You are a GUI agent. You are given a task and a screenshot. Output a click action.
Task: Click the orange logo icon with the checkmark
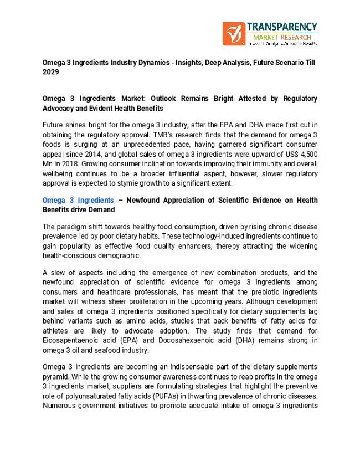[x=233, y=33]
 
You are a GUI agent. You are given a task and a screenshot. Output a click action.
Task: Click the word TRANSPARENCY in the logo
[x=282, y=27]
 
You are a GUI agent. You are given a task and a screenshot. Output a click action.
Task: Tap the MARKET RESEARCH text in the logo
[x=277, y=37]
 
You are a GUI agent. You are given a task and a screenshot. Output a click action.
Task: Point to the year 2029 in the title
[x=51, y=72]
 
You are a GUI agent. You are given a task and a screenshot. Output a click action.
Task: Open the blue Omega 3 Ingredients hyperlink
[x=78, y=200]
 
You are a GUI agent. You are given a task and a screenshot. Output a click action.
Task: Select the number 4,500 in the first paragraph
[x=307, y=154]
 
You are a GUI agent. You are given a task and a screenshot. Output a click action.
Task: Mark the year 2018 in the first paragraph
[x=70, y=164]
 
